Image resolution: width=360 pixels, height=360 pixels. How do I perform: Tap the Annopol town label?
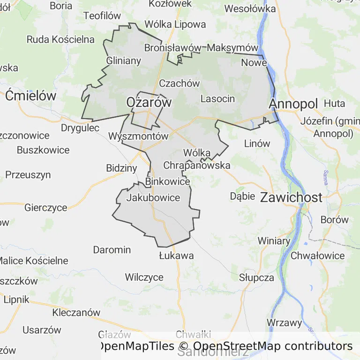pos(293,103)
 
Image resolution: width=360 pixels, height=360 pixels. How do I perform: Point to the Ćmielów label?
pos(31,96)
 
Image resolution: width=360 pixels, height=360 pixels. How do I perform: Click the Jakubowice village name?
pos(153,198)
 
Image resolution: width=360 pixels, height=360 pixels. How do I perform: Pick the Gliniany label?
pos(124,61)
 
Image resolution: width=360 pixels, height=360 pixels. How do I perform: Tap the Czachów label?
pos(180,83)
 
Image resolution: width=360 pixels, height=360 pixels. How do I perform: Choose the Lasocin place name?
pos(217,98)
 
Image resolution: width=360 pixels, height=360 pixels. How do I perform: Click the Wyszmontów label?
pos(138,136)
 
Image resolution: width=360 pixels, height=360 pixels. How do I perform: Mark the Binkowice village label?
pos(168,181)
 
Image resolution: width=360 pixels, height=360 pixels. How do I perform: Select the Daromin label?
pos(112,249)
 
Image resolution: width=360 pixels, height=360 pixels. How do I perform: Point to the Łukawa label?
pos(176,256)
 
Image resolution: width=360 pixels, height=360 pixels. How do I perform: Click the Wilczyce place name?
pos(144,277)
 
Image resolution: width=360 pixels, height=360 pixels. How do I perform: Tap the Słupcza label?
pos(256,277)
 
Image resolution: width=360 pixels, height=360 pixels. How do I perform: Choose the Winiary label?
pos(274,241)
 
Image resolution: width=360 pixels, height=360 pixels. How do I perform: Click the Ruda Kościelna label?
pos(60,39)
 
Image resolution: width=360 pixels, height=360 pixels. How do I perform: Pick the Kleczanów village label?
pos(76,312)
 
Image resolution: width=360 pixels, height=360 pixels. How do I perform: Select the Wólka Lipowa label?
pos(175,24)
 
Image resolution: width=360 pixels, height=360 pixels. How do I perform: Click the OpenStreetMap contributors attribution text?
pos(273,346)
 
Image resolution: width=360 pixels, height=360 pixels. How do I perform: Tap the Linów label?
pos(257,143)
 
